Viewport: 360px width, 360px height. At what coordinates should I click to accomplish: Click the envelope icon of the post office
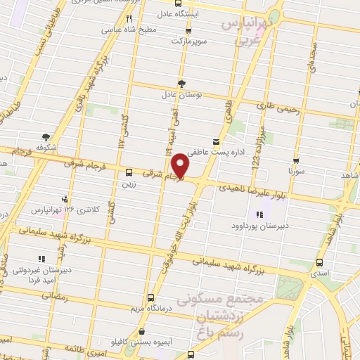point(216,141)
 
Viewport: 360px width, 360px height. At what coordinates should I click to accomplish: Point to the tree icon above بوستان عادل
point(182,82)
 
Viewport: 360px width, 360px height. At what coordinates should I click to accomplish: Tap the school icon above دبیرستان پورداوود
point(259,214)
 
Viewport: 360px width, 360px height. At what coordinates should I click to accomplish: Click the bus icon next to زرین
point(129,172)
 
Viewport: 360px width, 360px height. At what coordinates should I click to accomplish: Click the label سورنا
point(296,170)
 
